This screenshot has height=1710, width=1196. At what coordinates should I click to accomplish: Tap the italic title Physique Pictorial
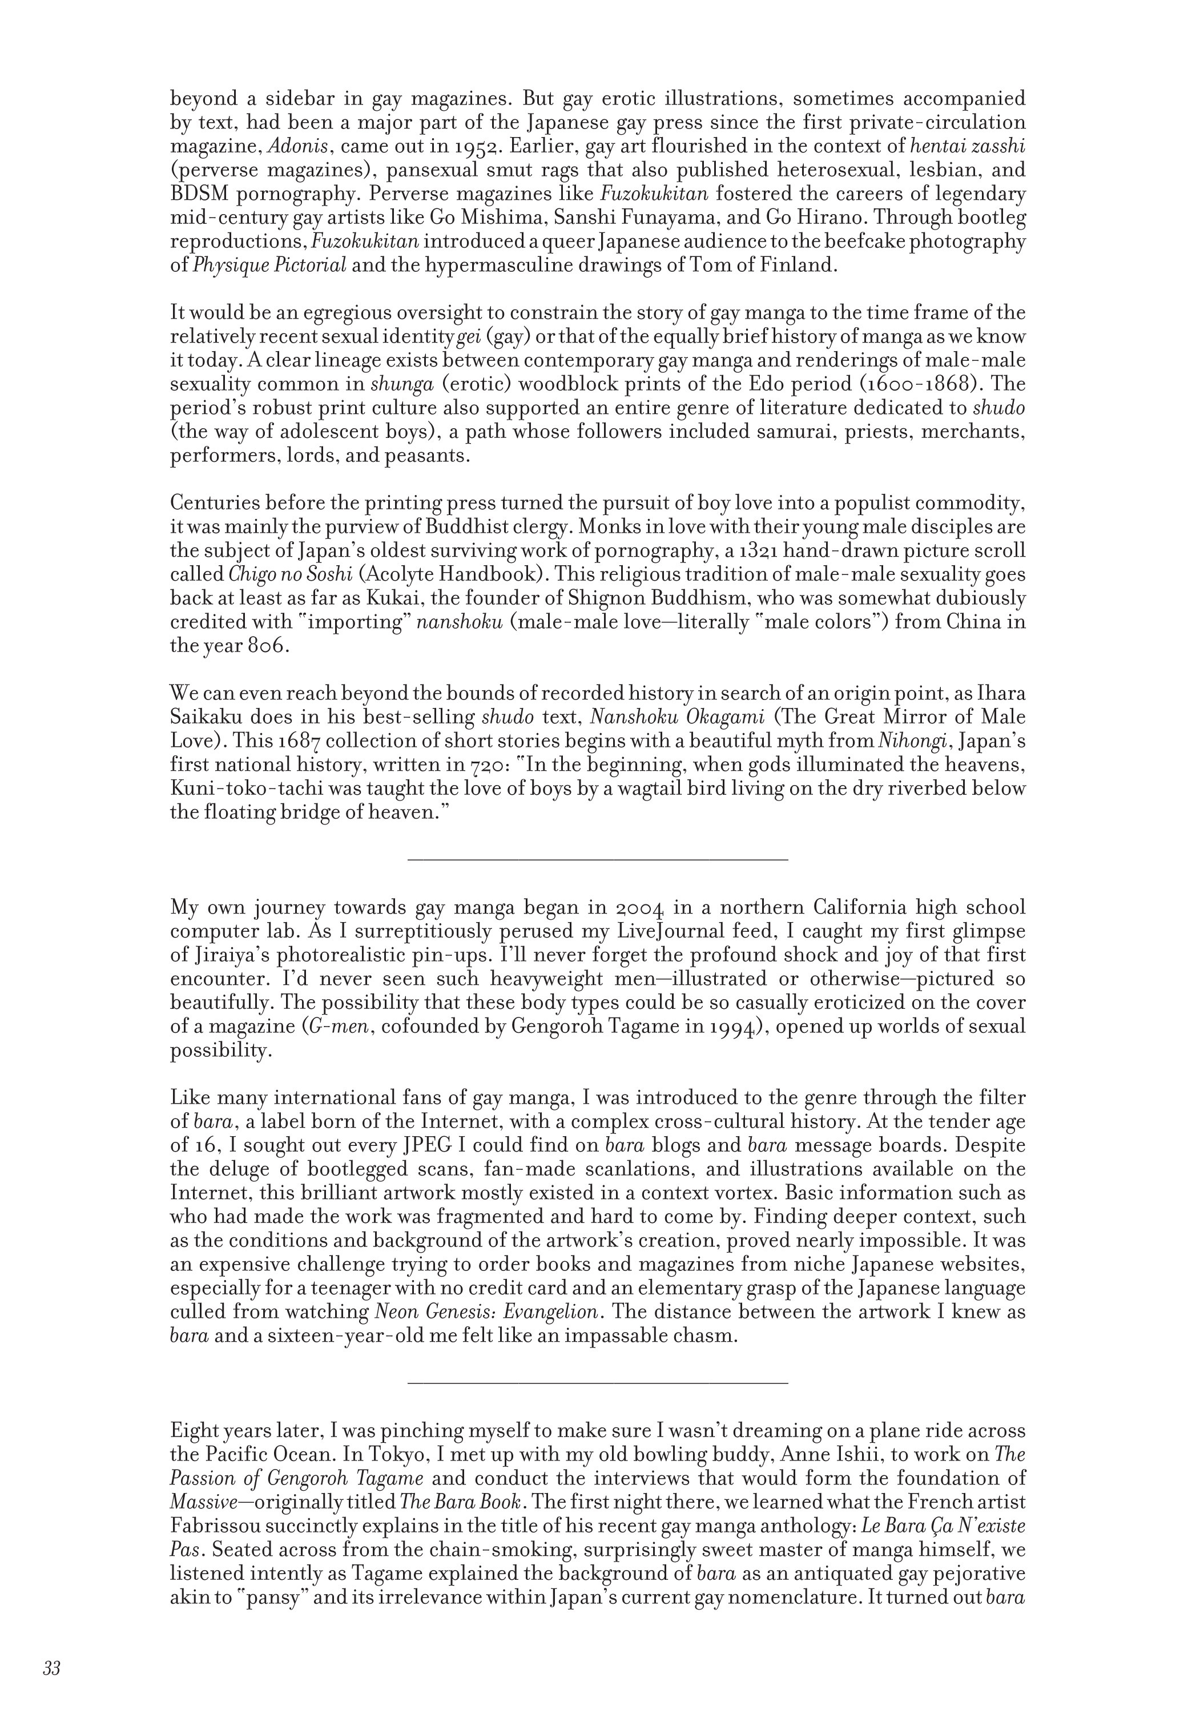(x=269, y=265)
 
